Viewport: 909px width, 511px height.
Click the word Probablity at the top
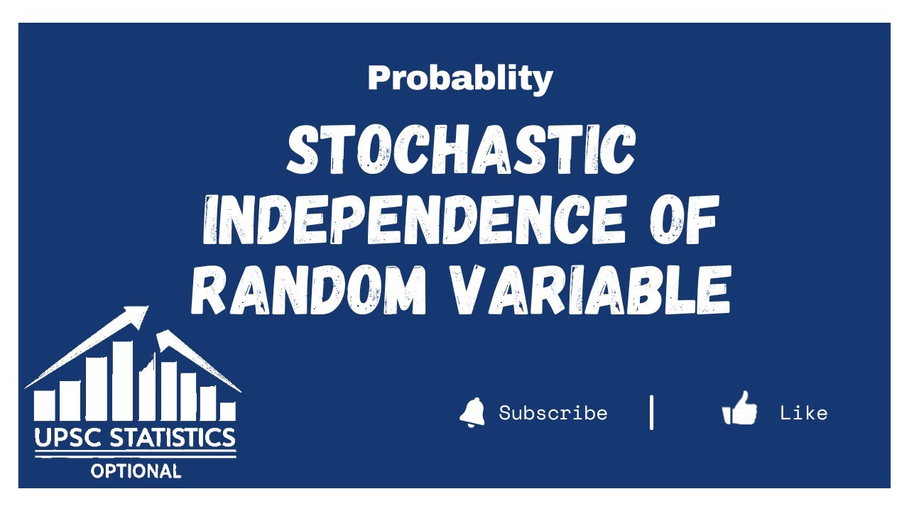tap(459, 78)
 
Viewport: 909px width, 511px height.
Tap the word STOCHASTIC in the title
tap(460, 150)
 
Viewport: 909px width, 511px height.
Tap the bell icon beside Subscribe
tap(472, 412)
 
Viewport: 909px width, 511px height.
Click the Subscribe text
tap(553, 413)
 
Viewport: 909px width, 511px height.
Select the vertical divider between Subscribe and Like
tap(651, 412)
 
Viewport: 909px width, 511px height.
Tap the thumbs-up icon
tap(740, 410)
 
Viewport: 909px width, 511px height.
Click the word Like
tap(803, 413)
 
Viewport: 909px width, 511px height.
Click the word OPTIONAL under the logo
tap(136, 470)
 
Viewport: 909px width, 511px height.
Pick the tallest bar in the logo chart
tap(123, 380)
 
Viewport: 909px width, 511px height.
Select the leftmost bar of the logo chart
tap(45, 405)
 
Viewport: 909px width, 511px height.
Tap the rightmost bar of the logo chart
tap(227, 411)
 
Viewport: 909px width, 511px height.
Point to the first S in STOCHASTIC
tap(301, 150)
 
